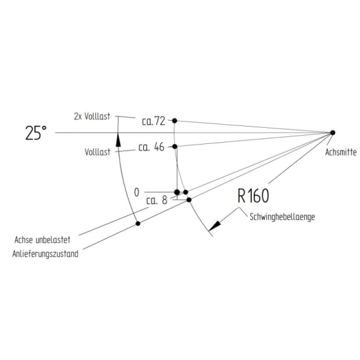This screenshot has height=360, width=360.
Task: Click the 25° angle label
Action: point(36,133)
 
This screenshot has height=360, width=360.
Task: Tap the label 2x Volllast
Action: point(92,116)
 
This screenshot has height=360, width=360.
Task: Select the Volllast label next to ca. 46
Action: point(97,152)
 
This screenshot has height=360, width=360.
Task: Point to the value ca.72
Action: point(154,121)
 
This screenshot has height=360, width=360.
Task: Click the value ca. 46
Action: point(151,147)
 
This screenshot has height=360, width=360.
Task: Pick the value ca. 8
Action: point(157,200)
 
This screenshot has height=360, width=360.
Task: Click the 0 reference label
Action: point(137,193)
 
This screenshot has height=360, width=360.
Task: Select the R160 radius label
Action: point(253,196)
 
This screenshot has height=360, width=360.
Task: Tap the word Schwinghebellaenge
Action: point(282,217)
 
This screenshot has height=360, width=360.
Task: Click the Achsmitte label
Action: point(341,152)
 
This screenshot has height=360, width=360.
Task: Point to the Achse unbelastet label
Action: point(42,239)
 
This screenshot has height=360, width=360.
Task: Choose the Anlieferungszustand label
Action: point(45,254)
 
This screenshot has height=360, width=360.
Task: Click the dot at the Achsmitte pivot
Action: point(332,133)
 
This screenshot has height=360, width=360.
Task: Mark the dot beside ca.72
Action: point(175,121)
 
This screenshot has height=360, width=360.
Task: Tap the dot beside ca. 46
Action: point(175,146)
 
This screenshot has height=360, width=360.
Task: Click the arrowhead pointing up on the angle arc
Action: point(118,140)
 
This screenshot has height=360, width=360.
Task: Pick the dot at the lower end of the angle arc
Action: point(138,223)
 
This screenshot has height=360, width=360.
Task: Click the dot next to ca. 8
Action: point(189,200)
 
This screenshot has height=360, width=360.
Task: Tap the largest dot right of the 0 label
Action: point(177,192)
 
